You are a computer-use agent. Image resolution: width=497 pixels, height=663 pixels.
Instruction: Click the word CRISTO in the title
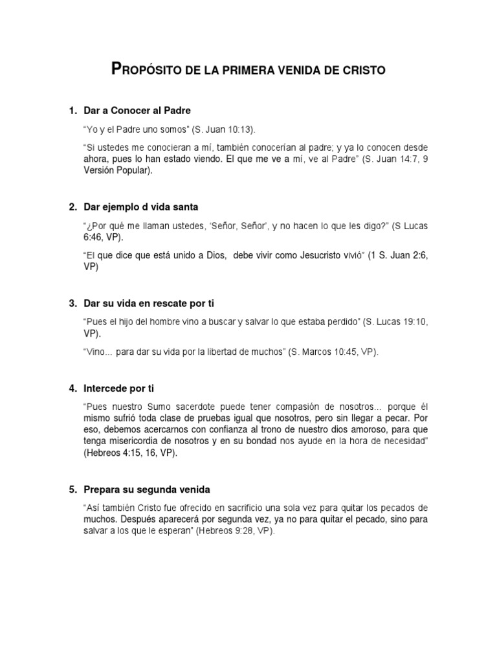pos(363,69)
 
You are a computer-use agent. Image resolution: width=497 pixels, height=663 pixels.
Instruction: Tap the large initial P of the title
pos(116,68)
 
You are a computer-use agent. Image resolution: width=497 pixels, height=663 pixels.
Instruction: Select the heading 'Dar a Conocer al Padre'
pos(137,111)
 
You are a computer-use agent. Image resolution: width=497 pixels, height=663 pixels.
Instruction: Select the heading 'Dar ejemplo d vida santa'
pos(140,207)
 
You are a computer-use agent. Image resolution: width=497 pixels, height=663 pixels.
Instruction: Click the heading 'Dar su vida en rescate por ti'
pos(149,303)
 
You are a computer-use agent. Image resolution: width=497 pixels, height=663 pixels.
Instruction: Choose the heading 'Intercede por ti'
pos(119,388)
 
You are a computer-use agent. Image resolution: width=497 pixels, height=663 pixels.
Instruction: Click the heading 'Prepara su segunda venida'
pos(148,489)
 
